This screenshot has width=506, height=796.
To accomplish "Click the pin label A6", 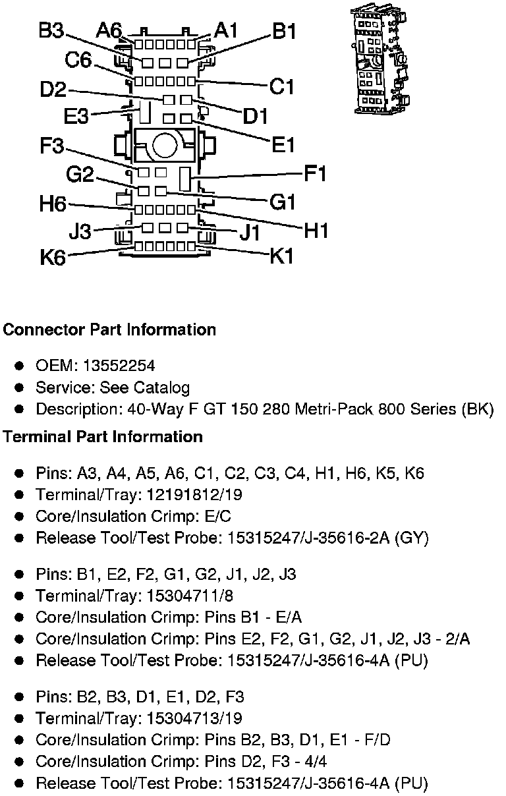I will (x=109, y=30).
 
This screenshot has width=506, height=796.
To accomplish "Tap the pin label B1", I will (x=284, y=32).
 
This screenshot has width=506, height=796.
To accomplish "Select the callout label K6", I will (x=53, y=257).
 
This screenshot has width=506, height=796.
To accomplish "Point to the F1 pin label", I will (x=315, y=175).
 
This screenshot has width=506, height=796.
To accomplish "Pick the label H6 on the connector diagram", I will (x=53, y=204).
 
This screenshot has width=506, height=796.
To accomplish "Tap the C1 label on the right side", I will (x=282, y=86).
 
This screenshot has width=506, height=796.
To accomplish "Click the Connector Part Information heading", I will (x=109, y=329).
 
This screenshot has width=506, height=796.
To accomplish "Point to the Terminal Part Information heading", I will (x=103, y=437).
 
